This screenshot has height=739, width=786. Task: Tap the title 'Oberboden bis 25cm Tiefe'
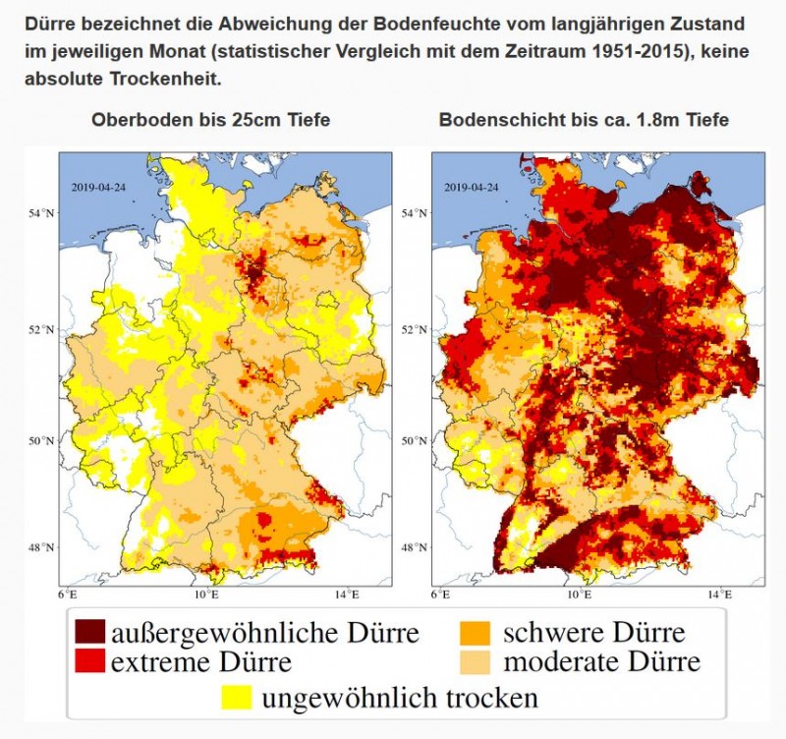pos(210,120)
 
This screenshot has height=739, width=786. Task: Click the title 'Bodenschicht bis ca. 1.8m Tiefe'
pos(584,120)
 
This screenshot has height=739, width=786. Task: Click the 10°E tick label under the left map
pos(205,596)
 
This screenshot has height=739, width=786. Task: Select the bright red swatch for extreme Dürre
pos(87,662)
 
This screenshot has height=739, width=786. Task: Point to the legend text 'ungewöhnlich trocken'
pos(400,699)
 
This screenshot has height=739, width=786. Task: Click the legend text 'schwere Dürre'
pos(594,631)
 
